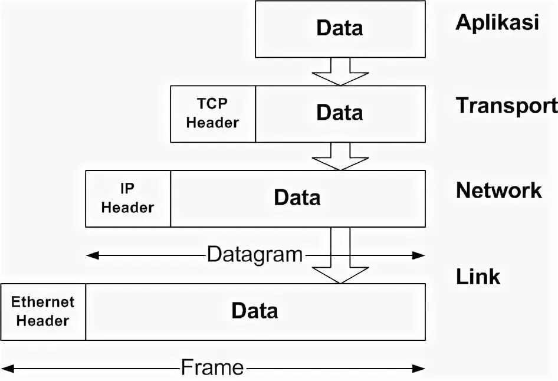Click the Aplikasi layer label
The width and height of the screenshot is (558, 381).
coord(497,23)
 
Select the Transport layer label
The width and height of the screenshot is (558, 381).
coord(506,106)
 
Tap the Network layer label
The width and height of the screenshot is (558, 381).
coord(498,190)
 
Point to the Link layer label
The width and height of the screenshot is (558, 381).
coord(478,276)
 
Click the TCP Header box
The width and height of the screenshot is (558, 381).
coord(212,114)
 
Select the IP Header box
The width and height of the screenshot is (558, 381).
coord(127,199)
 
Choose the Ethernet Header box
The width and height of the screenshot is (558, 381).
coord(43,312)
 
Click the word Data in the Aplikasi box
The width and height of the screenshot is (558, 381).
coord(339,28)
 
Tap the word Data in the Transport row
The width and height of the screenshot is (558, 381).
coord(339,113)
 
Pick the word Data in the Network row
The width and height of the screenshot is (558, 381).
coord(297,198)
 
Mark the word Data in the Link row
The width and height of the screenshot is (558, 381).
coord(254,311)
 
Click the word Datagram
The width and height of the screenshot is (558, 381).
coord(254,255)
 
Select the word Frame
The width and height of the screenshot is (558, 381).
coord(212,368)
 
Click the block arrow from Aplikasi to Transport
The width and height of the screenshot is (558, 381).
coord(339,71)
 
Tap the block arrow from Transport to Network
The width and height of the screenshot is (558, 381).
coord(339,156)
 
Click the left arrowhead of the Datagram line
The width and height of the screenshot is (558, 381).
coord(91,255)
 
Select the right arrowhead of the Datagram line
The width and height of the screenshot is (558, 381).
coord(419,255)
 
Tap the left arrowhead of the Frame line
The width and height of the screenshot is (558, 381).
coord(6,369)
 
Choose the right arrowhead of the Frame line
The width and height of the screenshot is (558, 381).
coord(419,369)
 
